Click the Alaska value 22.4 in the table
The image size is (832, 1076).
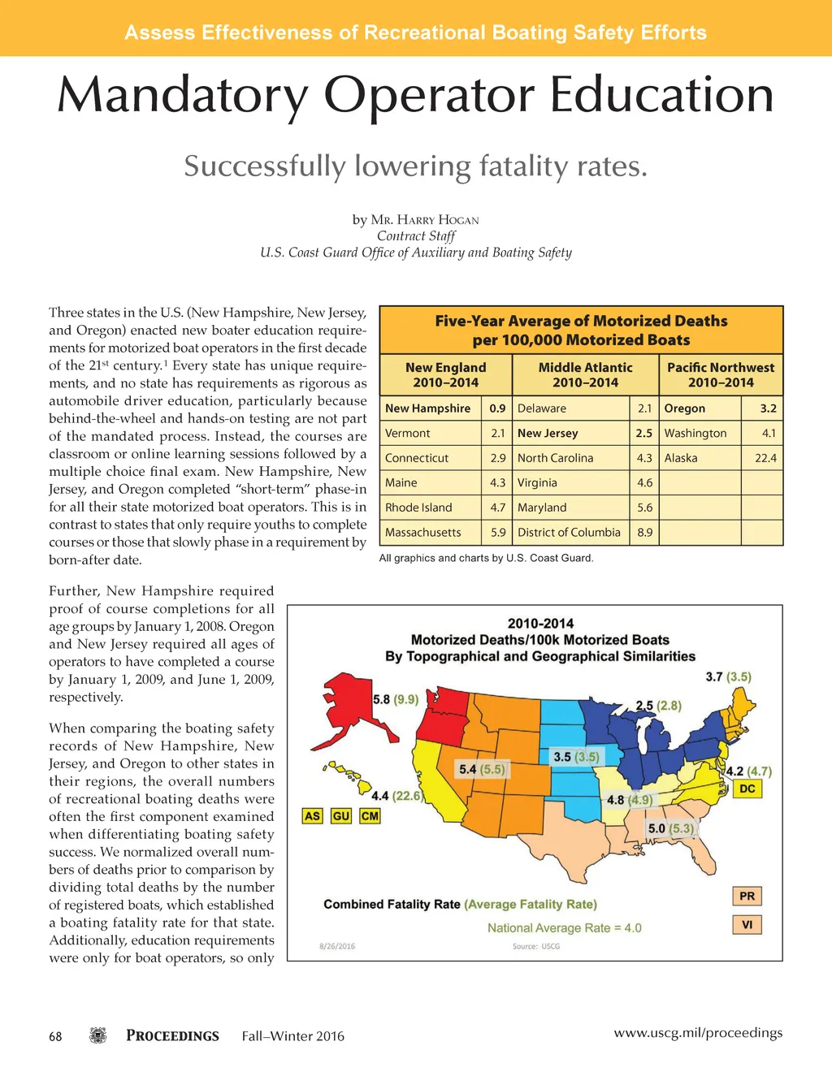click(765, 458)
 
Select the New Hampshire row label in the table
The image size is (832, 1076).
click(427, 408)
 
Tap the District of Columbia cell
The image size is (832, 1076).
click(569, 533)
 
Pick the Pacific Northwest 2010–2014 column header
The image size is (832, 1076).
click(721, 374)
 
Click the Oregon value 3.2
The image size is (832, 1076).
click(768, 408)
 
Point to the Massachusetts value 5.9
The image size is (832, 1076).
click(498, 533)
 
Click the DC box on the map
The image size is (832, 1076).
click(747, 789)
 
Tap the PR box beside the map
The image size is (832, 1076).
click(747, 896)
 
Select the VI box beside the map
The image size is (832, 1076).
click(747, 924)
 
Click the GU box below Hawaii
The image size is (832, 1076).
click(341, 815)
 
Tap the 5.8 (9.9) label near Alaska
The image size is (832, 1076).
click(396, 699)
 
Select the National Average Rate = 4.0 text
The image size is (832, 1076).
click(564, 927)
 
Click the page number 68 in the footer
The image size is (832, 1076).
click(55, 1036)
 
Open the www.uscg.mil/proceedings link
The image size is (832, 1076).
click(698, 1033)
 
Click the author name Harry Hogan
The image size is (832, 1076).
click(425, 220)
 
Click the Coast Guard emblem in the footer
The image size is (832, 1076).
click(98, 1035)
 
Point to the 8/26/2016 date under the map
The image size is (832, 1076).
click(337, 946)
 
